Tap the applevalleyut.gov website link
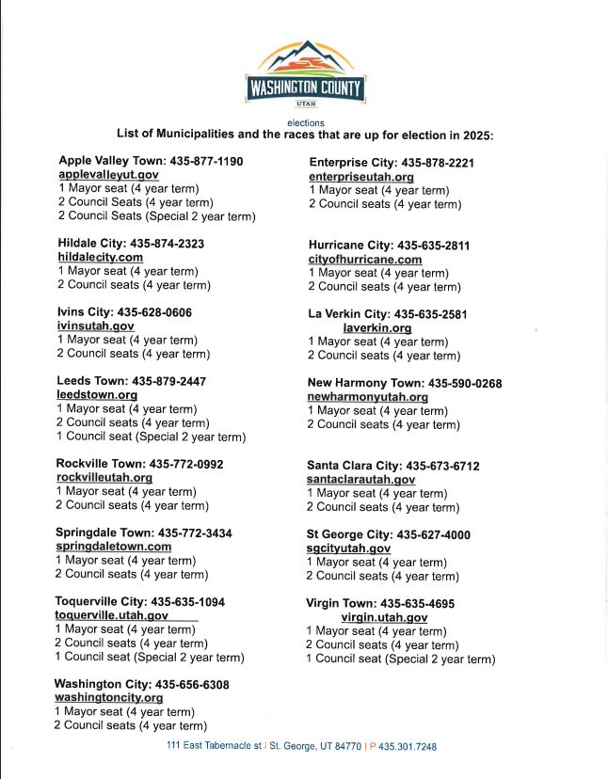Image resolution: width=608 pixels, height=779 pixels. (x=108, y=175)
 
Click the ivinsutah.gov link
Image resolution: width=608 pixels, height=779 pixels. (x=96, y=326)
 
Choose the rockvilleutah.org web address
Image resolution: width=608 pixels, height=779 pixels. (x=104, y=478)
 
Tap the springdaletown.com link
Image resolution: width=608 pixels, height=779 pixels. (x=113, y=546)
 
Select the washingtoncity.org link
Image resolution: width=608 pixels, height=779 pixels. (x=108, y=698)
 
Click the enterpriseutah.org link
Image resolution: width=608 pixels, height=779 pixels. (x=361, y=177)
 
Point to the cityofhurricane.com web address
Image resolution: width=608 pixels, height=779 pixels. (x=365, y=260)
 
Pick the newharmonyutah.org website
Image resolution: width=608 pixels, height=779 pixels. (x=368, y=397)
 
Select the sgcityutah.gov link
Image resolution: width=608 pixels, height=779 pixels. (x=348, y=548)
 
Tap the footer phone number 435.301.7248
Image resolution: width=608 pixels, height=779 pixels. (x=407, y=746)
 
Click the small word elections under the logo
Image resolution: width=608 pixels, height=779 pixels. (x=306, y=123)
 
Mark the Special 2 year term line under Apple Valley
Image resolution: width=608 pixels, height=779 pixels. (x=156, y=216)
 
